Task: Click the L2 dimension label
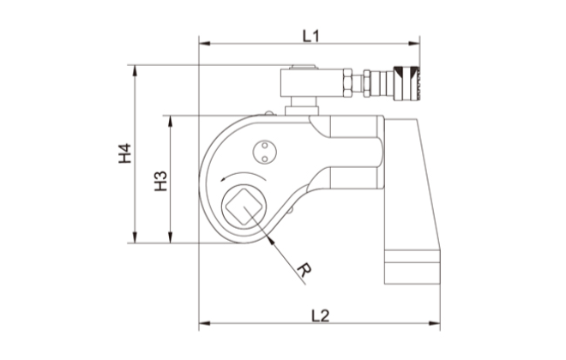pos(319,314)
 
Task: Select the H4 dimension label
pos(124,154)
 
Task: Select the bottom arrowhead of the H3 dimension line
pos(171,239)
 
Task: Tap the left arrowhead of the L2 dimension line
pos(204,324)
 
